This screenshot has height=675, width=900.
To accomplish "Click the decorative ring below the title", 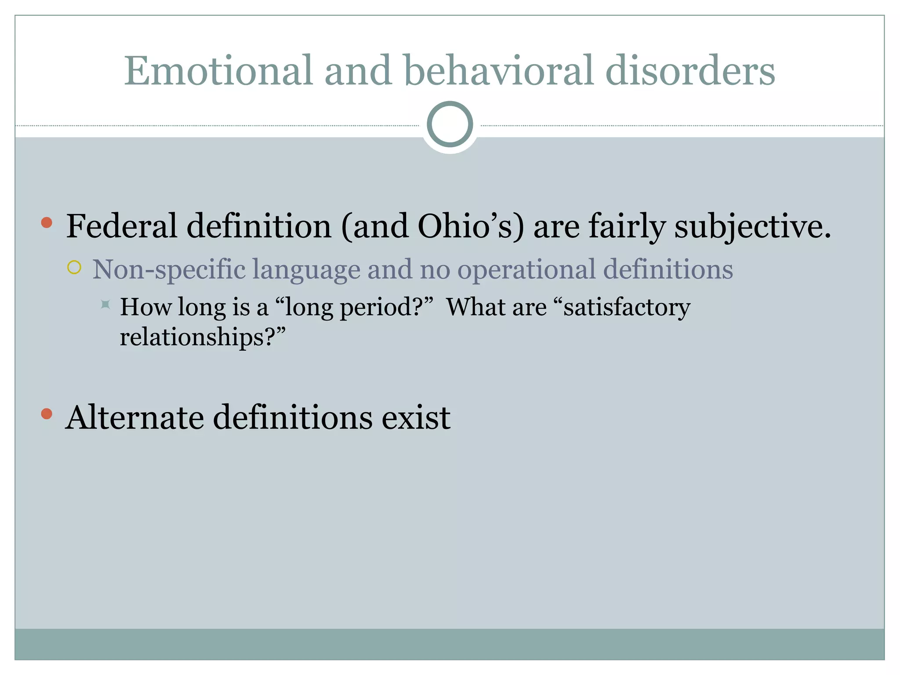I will click(x=450, y=124).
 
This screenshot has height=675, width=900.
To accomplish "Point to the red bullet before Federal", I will click(x=47, y=223).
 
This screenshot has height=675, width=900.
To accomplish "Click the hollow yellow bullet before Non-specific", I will click(x=74, y=267).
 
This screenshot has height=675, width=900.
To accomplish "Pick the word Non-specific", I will click(x=169, y=269).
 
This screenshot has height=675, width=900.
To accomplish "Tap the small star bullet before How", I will click(x=105, y=304).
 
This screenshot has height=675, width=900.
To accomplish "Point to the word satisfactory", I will click(x=627, y=307).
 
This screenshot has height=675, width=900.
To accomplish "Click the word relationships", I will click(x=198, y=337).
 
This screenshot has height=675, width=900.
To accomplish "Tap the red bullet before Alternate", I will click(x=47, y=414).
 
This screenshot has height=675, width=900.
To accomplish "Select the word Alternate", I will click(x=134, y=417).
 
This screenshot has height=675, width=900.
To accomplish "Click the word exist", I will click(x=415, y=417).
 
